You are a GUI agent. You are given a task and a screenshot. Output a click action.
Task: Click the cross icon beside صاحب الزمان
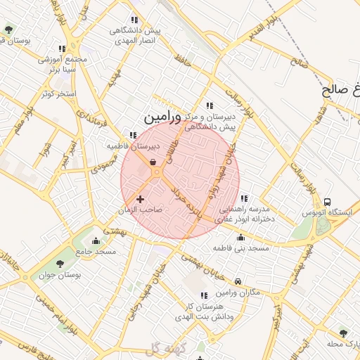(140, 200)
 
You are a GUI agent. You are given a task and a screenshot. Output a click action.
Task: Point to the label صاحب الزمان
(141, 210)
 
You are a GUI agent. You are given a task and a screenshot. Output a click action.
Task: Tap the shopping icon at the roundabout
(153, 162)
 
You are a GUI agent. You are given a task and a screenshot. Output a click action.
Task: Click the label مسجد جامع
(97, 251)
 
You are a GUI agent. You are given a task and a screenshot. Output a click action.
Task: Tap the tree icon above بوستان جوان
(58, 264)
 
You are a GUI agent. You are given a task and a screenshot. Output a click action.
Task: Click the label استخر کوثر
(58, 93)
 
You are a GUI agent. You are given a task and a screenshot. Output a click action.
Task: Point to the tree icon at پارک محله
(343, 333)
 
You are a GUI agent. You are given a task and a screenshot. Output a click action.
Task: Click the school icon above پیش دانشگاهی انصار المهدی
(134, 20)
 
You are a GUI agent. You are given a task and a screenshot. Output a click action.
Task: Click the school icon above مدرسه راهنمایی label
(243, 199)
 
